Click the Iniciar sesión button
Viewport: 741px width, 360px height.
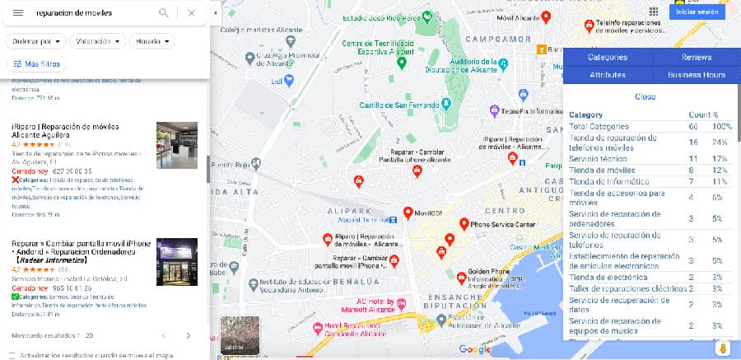tap(697, 12)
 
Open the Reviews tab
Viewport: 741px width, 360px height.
tap(696, 57)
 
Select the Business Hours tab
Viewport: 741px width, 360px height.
tap(696, 74)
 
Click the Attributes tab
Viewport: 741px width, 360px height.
tap(608, 74)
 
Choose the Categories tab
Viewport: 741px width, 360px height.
tap(608, 57)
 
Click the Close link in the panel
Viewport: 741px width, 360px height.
tap(645, 96)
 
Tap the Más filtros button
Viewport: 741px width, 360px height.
tap(35, 63)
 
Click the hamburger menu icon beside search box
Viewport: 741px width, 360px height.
tap(18, 12)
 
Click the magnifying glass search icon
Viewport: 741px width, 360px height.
tap(164, 12)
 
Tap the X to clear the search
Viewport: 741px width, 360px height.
tap(191, 12)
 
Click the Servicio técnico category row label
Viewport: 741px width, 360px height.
tap(599, 158)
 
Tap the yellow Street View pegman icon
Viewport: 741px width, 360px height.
tap(723, 348)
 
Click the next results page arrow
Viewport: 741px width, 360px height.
tap(188, 335)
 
